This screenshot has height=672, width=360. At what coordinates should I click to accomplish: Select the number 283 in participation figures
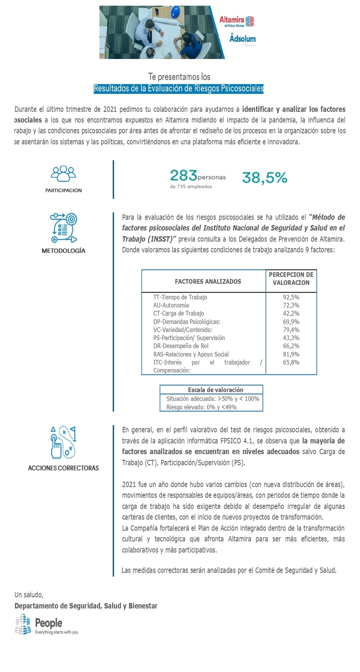click(183, 176)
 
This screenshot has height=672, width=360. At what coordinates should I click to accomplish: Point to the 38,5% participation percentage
click(265, 177)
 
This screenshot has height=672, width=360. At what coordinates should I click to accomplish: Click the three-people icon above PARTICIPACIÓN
click(63, 173)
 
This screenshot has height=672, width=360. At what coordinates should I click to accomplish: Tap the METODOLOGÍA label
click(63, 251)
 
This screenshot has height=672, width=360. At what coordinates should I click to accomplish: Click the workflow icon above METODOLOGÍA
click(63, 228)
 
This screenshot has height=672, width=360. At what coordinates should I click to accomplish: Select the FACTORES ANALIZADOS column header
click(208, 281)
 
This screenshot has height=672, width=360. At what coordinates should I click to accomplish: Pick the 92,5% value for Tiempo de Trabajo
click(291, 297)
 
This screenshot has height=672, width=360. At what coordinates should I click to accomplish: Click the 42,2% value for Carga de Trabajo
click(291, 314)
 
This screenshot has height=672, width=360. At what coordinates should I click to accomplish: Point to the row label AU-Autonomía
click(171, 305)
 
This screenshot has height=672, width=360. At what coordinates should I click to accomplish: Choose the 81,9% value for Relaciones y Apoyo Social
click(291, 354)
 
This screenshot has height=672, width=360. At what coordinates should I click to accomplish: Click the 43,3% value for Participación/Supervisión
click(291, 338)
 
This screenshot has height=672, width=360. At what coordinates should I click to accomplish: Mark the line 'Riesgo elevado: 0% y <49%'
click(201, 407)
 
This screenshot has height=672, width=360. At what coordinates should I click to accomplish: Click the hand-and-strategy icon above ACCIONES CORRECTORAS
click(63, 442)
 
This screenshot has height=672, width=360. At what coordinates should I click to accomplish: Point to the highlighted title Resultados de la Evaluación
click(179, 88)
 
